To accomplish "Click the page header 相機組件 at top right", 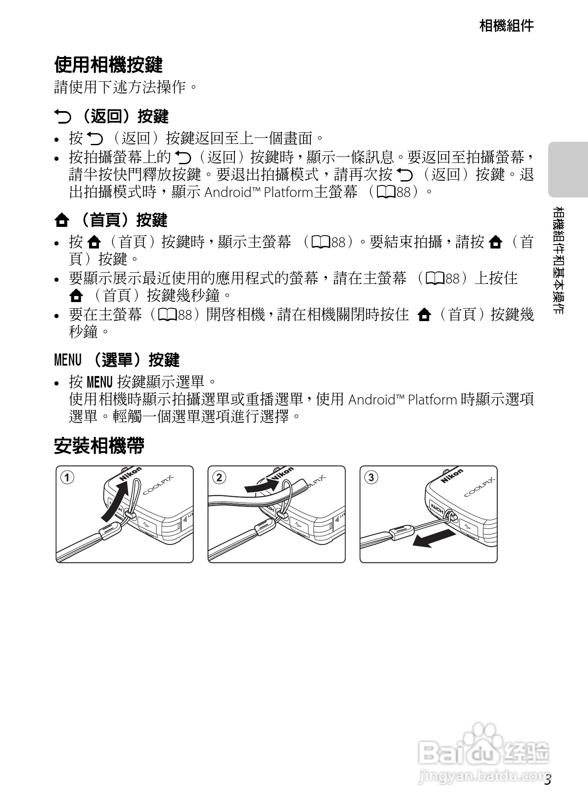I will click(x=506, y=25).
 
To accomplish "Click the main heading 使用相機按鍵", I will click(x=108, y=65).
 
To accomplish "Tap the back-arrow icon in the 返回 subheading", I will click(x=62, y=116).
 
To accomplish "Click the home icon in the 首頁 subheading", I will click(x=62, y=220).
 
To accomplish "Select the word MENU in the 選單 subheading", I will click(x=68, y=360).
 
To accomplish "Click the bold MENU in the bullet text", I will click(x=99, y=382).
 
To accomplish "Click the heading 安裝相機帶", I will click(x=99, y=446).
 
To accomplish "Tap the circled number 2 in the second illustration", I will click(x=219, y=478).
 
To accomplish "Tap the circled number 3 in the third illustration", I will click(x=371, y=478).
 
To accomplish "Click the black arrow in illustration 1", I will click(x=114, y=501).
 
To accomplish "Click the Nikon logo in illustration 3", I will click(x=452, y=476).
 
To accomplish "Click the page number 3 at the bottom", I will click(x=547, y=780).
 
